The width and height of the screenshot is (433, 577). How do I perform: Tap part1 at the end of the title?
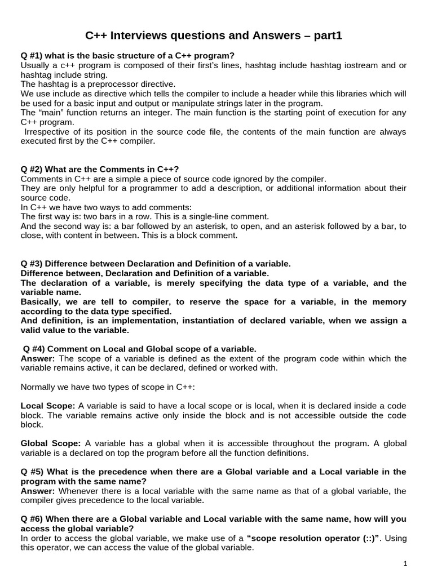coord(326,36)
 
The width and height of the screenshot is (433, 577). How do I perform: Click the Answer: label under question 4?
coord(38,359)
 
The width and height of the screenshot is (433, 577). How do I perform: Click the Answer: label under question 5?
coord(38,491)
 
